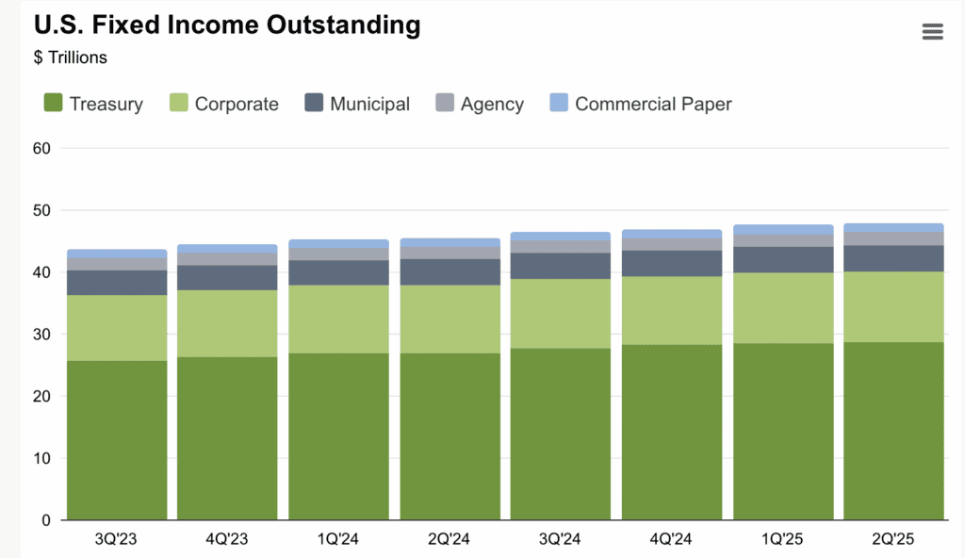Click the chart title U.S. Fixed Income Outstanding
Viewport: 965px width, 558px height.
click(x=227, y=25)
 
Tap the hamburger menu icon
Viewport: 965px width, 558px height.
click(x=932, y=32)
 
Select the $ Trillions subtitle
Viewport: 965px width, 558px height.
click(x=71, y=57)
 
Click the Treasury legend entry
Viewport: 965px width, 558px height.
click(x=93, y=104)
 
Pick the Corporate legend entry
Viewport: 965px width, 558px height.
click(x=224, y=104)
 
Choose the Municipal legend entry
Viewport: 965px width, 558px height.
click(x=357, y=104)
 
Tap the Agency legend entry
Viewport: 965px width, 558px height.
click(x=480, y=104)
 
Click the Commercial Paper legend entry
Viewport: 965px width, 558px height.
click(x=641, y=104)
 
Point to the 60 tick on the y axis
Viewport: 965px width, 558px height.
click(x=41, y=148)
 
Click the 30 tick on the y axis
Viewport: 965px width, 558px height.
click(x=41, y=335)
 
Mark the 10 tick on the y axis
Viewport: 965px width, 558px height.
click(x=41, y=459)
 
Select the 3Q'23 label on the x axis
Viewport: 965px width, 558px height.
click(x=117, y=539)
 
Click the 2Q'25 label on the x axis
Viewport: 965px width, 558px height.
click(x=893, y=539)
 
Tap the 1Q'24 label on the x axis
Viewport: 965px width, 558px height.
click(x=338, y=539)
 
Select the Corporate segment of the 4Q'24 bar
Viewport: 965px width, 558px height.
click(x=672, y=310)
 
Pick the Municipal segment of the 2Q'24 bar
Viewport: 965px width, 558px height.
click(x=450, y=271)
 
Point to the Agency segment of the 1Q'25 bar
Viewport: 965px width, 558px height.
click(x=783, y=240)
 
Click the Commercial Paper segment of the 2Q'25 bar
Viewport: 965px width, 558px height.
click(x=893, y=227)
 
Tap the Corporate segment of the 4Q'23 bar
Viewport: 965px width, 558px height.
click(x=227, y=323)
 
